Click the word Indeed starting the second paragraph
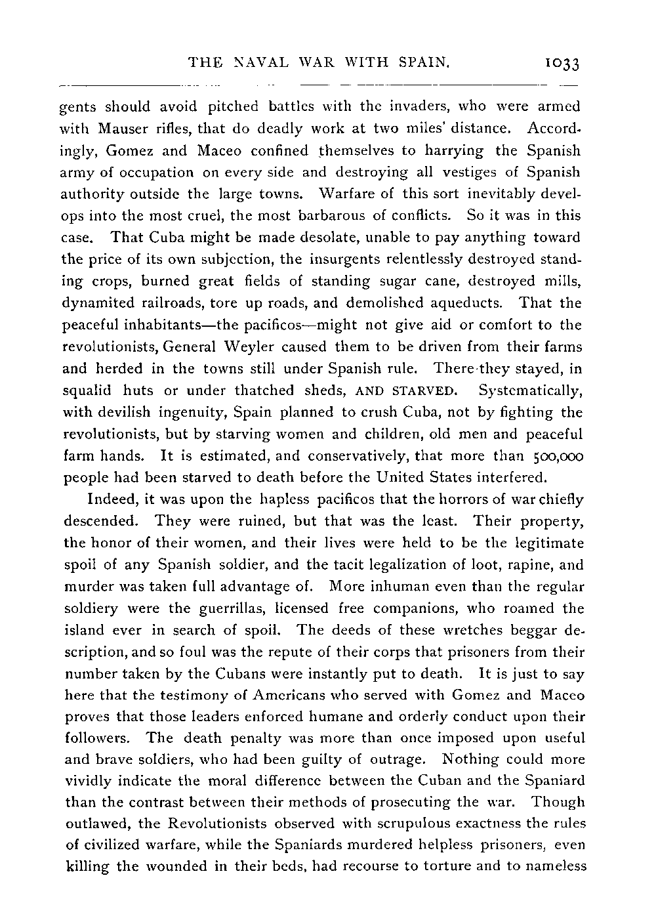click(110, 499)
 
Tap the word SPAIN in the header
click(424, 63)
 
